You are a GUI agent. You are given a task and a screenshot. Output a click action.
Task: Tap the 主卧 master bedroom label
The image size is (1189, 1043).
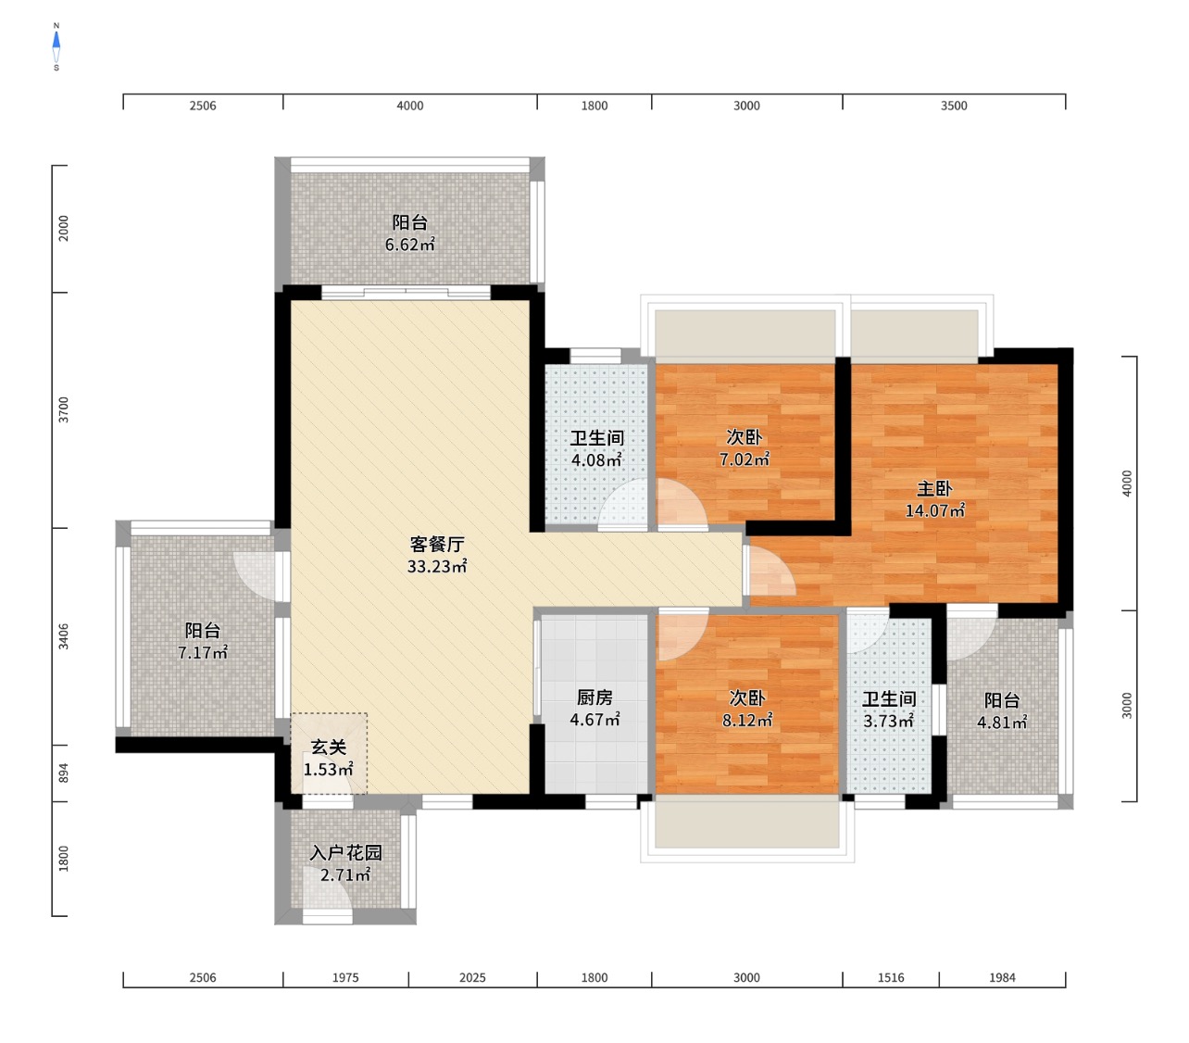(934, 488)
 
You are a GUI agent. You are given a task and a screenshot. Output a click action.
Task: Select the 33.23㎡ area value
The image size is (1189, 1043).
(437, 566)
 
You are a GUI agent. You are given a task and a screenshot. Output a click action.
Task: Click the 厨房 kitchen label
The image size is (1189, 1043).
(594, 697)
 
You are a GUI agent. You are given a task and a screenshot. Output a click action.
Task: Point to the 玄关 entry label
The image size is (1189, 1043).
(329, 747)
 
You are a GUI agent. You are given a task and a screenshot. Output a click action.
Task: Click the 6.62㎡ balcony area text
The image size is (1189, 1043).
(409, 245)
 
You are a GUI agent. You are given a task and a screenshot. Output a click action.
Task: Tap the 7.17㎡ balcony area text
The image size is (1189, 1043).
(203, 652)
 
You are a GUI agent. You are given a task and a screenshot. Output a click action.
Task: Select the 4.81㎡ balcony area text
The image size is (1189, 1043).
(1002, 722)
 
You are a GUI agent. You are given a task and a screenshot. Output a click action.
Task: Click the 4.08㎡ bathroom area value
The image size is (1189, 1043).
(596, 459)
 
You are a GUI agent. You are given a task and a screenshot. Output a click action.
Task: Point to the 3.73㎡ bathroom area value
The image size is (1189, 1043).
(889, 720)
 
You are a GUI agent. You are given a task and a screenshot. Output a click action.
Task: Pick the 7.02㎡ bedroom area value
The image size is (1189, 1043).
(745, 459)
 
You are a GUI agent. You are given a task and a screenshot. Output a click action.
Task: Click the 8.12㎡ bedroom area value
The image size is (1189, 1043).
(747, 720)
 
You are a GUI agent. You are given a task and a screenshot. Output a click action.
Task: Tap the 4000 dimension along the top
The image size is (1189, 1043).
(409, 106)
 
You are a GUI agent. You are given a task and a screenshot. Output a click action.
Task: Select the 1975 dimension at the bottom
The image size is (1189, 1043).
(345, 977)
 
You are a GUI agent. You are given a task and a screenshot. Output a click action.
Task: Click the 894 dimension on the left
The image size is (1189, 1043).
(63, 773)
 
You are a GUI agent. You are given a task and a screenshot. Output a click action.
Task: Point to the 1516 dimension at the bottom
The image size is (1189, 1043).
(891, 977)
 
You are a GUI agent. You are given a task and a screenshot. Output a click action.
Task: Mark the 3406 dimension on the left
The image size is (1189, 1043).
(63, 636)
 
